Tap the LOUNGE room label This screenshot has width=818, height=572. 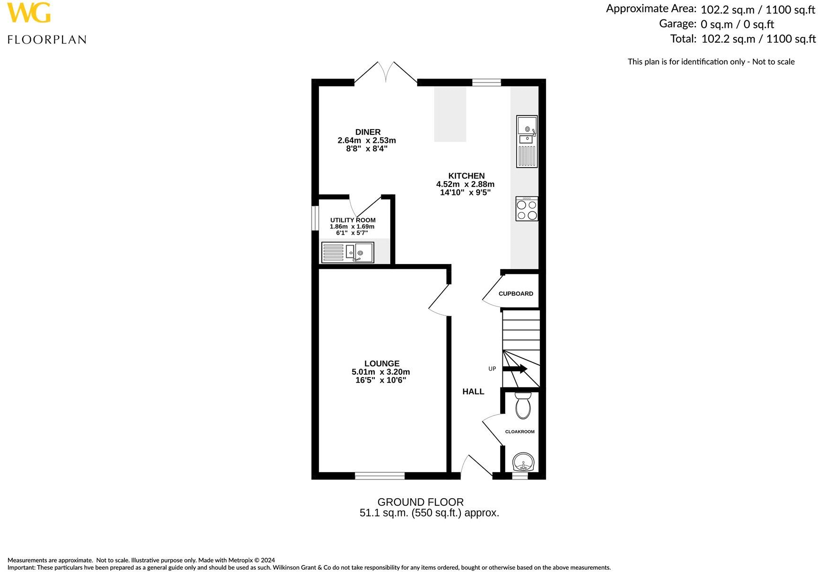pyautogui.click(x=381, y=363)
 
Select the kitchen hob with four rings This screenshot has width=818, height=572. pyautogui.click(x=527, y=209)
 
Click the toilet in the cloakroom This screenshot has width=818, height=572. pyautogui.click(x=523, y=405)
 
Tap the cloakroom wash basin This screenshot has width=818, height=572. pyautogui.click(x=523, y=461)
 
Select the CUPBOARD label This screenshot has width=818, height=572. pyautogui.click(x=516, y=294)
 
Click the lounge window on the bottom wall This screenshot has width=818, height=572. pyautogui.click(x=380, y=475)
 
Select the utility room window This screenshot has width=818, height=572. pyautogui.click(x=315, y=218)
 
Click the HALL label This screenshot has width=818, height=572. pyautogui.click(x=473, y=391)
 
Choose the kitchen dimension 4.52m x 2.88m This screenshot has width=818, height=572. pyautogui.click(x=465, y=185)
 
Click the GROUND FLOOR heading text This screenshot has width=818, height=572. pyautogui.click(x=420, y=502)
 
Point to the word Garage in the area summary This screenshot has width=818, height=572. pyautogui.click(x=677, y=24)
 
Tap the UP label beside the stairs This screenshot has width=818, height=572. pyautogui.click(x=492, y=369)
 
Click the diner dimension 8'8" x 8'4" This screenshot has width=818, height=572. pyautogui.click(x=367, y=149)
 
